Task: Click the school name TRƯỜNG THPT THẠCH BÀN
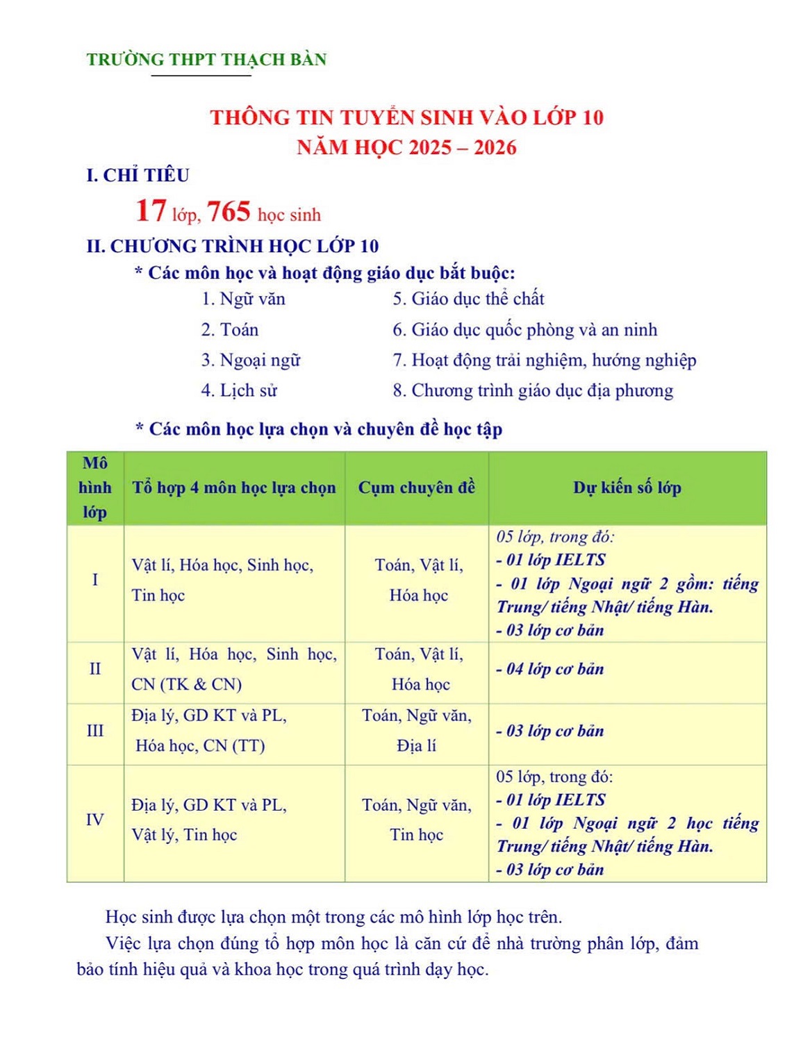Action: click(206, 60)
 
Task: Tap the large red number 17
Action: click(151, 210)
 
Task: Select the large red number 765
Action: click(229, 211)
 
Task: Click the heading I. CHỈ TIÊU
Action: click(138, 175)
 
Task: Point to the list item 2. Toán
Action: click(229, 329)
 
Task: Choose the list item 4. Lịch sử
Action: click(239, 390)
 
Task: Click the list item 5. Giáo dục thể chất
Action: click(468, 299)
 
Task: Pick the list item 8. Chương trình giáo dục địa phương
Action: click(533, 390)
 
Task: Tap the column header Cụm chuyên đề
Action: click(417, 488)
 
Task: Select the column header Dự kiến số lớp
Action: click(627, 488)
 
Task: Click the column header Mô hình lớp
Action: click(95, 488)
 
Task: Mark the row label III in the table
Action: click(95, 731)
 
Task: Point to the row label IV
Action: click(95, 820)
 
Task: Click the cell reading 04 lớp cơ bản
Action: click(550, 669)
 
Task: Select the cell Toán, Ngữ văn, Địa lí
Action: click(417, 731)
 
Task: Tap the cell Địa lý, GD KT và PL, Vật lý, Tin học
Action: click(208, 820)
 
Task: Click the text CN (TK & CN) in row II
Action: click(186, 684)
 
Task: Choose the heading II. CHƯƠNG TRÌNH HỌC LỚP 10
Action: click(233, 246)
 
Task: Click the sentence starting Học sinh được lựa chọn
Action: click(333, 917)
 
